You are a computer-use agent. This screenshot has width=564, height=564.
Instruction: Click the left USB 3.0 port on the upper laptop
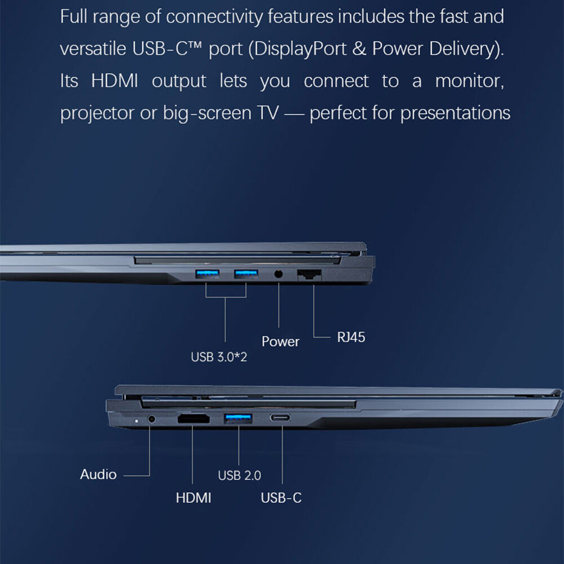(206, 275)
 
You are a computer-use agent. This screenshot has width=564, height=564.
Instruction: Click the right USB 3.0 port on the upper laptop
(246, 275)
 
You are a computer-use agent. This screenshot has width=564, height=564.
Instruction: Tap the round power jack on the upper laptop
(279, 275)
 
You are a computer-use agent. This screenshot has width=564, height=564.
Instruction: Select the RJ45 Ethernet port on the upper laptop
(309, 275)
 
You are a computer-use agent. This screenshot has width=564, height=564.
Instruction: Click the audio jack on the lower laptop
(151, 419)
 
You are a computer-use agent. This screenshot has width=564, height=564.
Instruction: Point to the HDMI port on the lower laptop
(193, 419)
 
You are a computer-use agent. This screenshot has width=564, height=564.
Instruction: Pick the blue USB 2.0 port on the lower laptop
(239, 418)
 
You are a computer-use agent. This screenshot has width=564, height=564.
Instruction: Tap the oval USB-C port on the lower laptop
(281, 418)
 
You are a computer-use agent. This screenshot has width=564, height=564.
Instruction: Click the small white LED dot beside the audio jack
(136, 421)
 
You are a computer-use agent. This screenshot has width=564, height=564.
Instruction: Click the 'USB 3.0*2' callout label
(219, 357)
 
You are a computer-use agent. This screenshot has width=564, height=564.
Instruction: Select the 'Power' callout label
(280, 341)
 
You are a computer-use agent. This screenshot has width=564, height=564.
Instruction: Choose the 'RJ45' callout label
(351, 337)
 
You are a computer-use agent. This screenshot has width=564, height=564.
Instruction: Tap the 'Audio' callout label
(98, 474)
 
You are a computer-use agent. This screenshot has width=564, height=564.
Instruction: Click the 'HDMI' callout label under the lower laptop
(193, 497)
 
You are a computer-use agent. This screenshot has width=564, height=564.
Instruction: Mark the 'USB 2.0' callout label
(239, 475)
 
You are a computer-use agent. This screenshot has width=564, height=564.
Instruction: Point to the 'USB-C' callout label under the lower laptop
(281, 497)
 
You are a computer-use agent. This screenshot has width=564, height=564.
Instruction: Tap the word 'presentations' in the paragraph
(455, 113)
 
